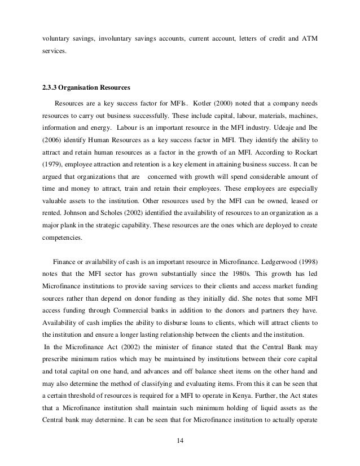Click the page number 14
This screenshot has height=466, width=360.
[180, 449]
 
